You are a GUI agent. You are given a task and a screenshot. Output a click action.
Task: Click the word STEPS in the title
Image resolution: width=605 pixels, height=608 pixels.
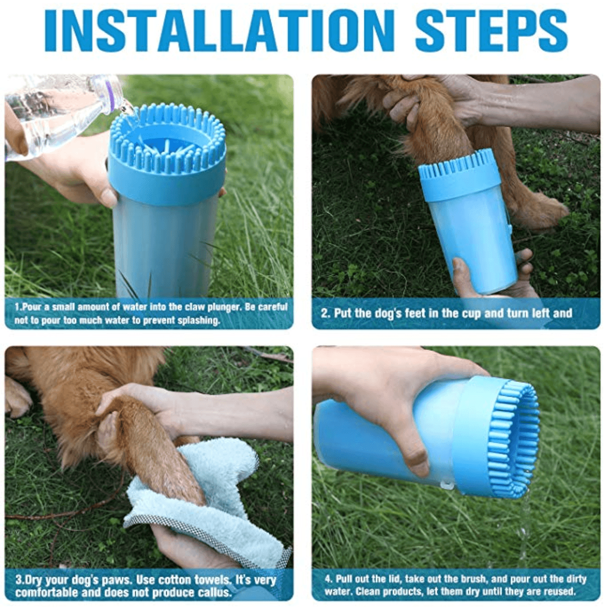click(x=490, y=30)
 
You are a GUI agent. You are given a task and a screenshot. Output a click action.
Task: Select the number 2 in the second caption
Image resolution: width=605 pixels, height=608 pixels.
click(x=325, y=313)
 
